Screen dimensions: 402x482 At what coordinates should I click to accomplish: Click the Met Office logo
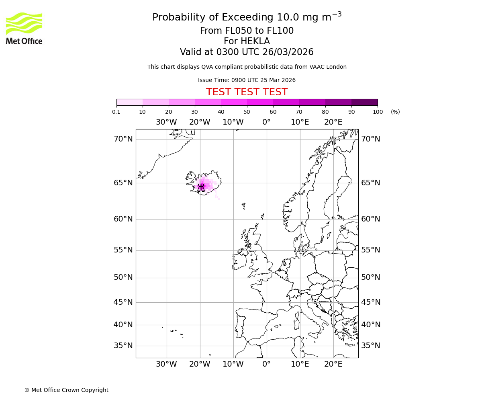point(24,28)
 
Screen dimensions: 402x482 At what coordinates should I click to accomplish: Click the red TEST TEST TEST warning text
point(247,92)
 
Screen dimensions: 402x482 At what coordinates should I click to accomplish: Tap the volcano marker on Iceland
point(202,187)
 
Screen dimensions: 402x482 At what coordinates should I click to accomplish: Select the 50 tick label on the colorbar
point(247,112)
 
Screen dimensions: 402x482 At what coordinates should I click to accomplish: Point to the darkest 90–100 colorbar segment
point(364,102)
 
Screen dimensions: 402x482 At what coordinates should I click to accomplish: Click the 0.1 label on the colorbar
point(116,112)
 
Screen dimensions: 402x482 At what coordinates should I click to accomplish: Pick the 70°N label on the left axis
point(123,139)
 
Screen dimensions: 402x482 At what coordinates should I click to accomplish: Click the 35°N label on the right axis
point(370,346)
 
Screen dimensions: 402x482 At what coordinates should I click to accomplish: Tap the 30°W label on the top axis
point(166,122)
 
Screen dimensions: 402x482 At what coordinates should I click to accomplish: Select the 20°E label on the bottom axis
point(333,364)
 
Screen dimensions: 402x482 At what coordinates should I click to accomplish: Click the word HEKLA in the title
point(253,41)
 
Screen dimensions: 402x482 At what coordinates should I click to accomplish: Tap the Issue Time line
point(247,80)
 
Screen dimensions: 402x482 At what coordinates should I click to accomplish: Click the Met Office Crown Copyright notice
point(66,390)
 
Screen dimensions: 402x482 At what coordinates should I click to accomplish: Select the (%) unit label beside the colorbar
point(395,112)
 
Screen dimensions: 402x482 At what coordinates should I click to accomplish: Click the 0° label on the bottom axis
point(267,364)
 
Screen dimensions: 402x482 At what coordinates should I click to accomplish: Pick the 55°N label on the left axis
point(123,250)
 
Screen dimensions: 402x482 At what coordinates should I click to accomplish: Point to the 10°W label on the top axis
point(233,122)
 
